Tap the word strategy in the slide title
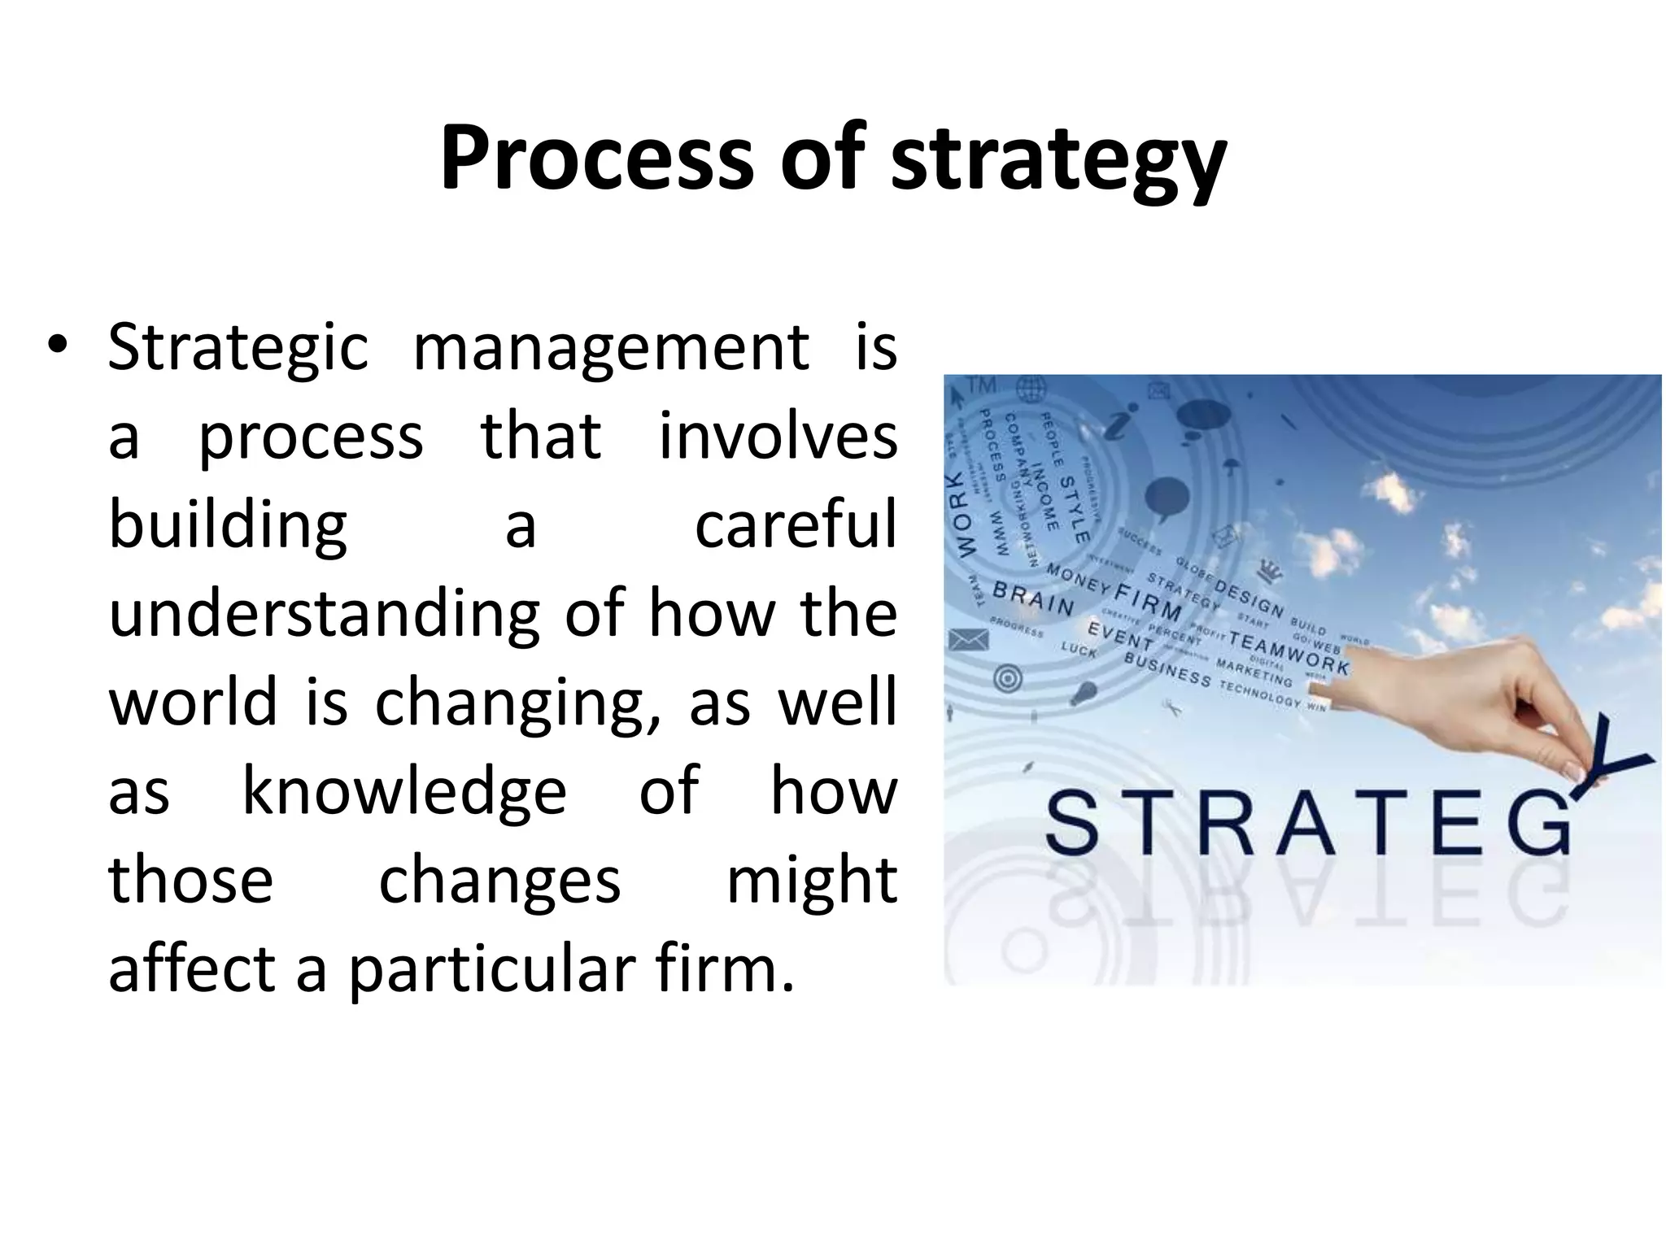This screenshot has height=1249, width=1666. coord(1058,163)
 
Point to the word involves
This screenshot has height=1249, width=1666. coord(777,436)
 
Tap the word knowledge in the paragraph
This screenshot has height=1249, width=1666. coord(404,791)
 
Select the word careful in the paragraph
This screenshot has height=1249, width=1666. coord(795,525)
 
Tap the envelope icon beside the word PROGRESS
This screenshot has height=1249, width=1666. coord(969,642)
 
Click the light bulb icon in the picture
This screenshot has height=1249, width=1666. coord(1084,694)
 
